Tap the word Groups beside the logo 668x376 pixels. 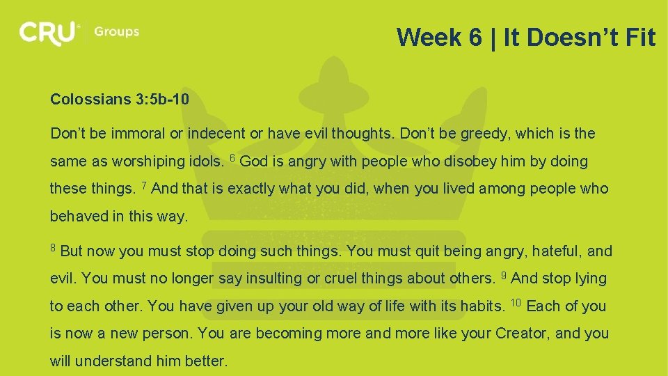(116, 32)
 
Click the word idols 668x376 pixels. (205, 162)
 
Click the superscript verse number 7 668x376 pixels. (143, 185)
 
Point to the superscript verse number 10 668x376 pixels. (516, 303)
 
